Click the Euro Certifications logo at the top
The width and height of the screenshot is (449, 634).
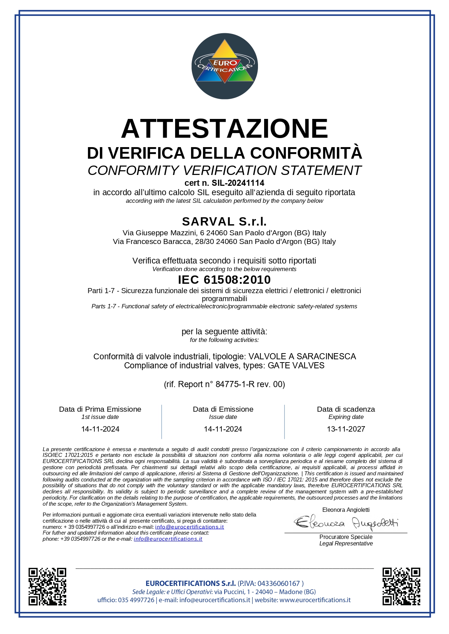(x=224, y=66)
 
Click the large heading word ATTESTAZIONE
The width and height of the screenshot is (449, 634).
(x=224, y=129)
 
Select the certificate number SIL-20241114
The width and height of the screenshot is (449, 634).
(x=238, y=183)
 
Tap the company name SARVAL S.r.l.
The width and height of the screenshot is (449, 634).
(x=224, y=221)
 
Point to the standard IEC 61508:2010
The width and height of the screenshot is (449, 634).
(x=224, y=280)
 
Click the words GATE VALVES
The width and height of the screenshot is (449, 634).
(x=296, y=365)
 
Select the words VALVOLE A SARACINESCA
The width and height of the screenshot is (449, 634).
(x=302, y=356)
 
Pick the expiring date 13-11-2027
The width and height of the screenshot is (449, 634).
(x=346, y=429)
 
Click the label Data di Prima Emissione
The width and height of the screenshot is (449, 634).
(x=100, y=409)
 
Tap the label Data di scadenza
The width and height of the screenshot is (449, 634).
(x=346, y=409)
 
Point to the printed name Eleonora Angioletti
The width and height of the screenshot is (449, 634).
(x=346, y=510)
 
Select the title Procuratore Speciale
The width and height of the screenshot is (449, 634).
(x=346, y=537)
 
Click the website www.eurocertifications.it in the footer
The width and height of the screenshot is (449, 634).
(x=315, y=600)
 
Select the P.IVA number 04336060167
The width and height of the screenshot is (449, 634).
(x=279, y=583)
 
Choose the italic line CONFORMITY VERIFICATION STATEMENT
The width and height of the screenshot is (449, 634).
(x=224, y=170)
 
